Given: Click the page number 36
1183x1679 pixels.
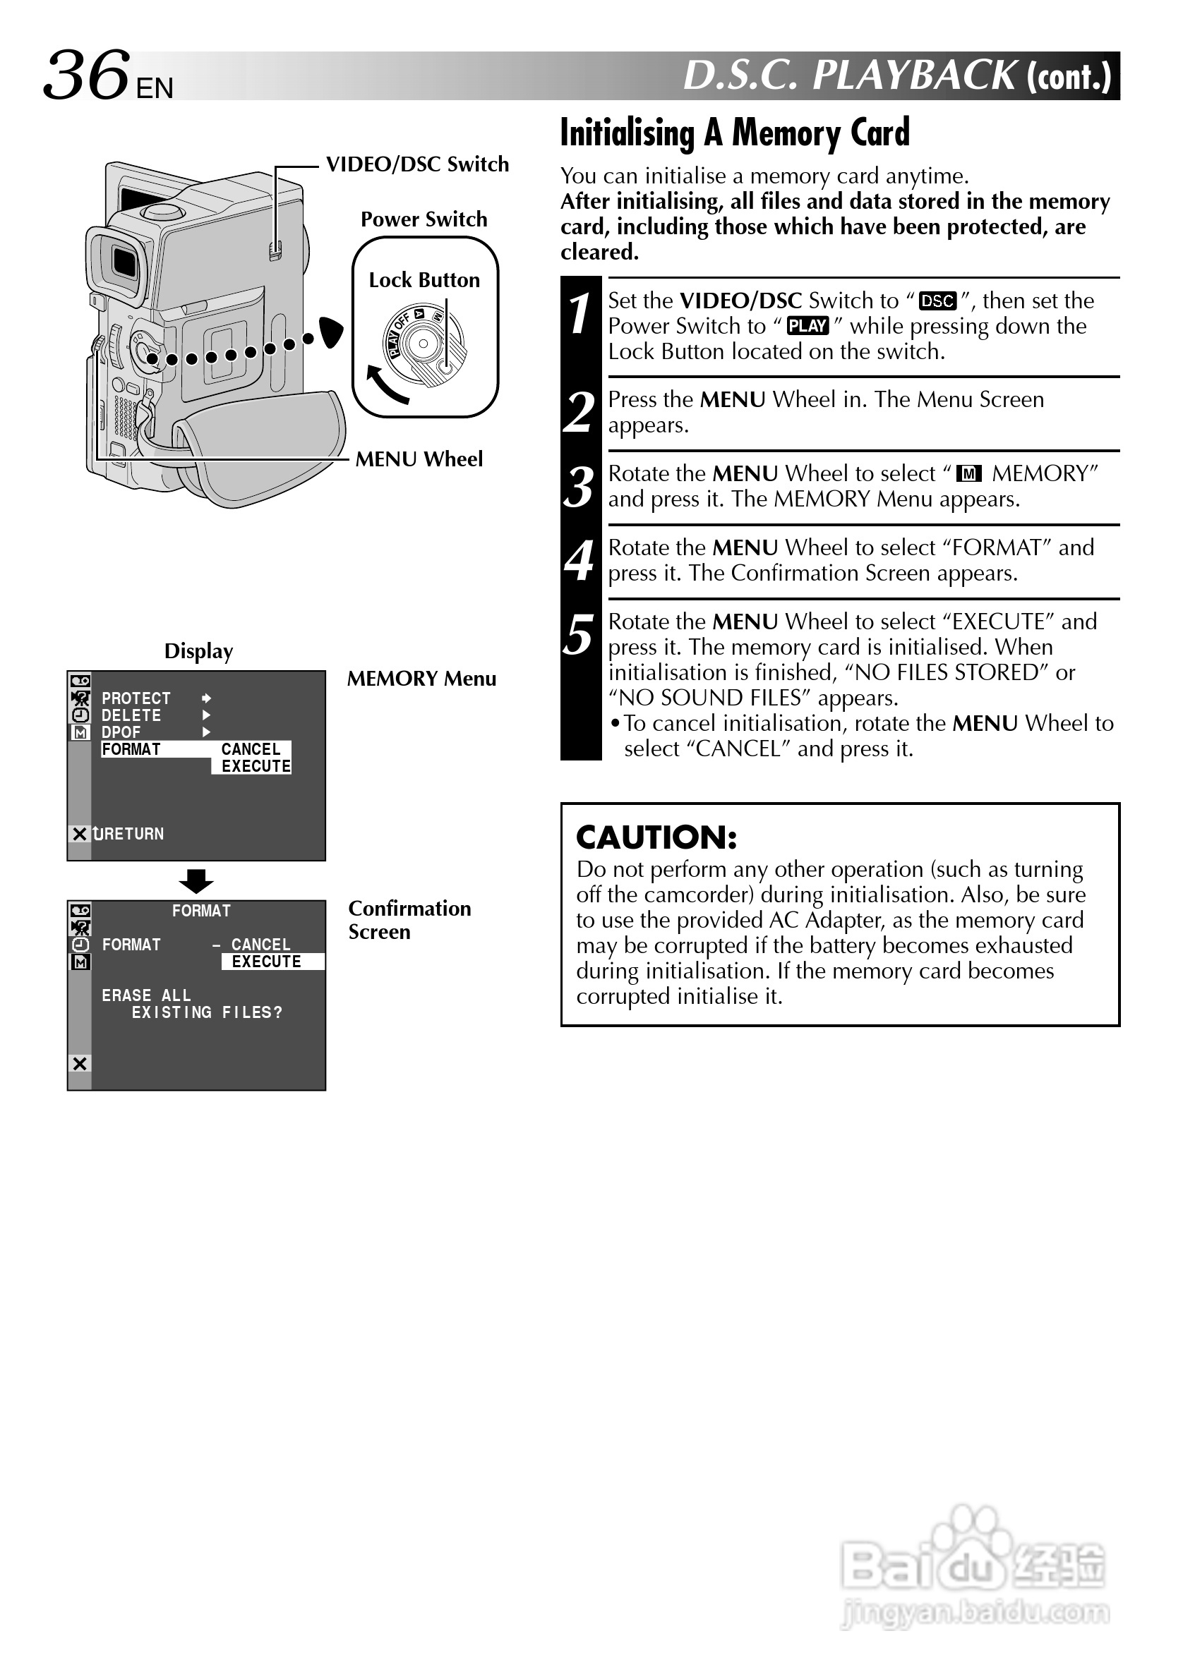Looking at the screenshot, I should click(86, 75).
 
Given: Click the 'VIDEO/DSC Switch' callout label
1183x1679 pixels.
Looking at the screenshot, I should click(417, 164).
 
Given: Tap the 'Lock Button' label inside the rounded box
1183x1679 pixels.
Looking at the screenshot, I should click(424, 280).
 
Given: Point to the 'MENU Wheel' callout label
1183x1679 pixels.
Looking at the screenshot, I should click(419, 459).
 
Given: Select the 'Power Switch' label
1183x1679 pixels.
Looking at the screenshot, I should click(424, 219).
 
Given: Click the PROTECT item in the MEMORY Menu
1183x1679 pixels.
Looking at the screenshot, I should click(136, 698).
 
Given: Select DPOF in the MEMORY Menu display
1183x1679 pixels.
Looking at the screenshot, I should click(121, 732).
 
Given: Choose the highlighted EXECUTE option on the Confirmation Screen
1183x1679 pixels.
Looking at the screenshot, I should click(266, 962).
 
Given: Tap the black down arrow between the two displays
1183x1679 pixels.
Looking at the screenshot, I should click(196, 881).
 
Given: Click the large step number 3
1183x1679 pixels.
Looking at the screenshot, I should click(580, 487).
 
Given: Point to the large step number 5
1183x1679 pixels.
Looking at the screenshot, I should click(580, 635).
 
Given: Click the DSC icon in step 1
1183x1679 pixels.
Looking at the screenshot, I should click(937, 301).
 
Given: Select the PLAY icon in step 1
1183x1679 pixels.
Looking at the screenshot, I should click(807, 326).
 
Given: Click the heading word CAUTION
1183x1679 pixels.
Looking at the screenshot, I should click(656, 838).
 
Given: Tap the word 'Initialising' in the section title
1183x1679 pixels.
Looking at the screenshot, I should click(627, 134).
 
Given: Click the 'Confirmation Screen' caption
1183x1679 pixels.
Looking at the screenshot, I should click(409, 920).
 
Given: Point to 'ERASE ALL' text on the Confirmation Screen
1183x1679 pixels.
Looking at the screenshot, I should click(146, 996).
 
